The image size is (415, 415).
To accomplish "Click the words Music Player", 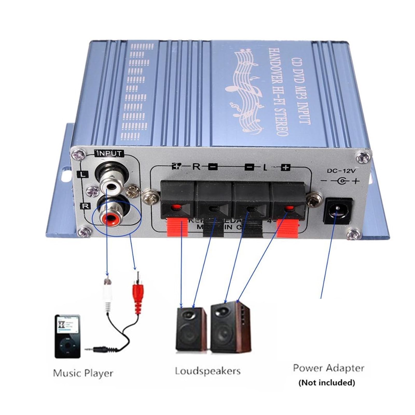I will click(x=83, y=373).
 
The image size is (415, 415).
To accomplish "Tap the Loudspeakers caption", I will click(x=208, y=371).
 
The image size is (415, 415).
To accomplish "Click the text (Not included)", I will click(x=327, y=382).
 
